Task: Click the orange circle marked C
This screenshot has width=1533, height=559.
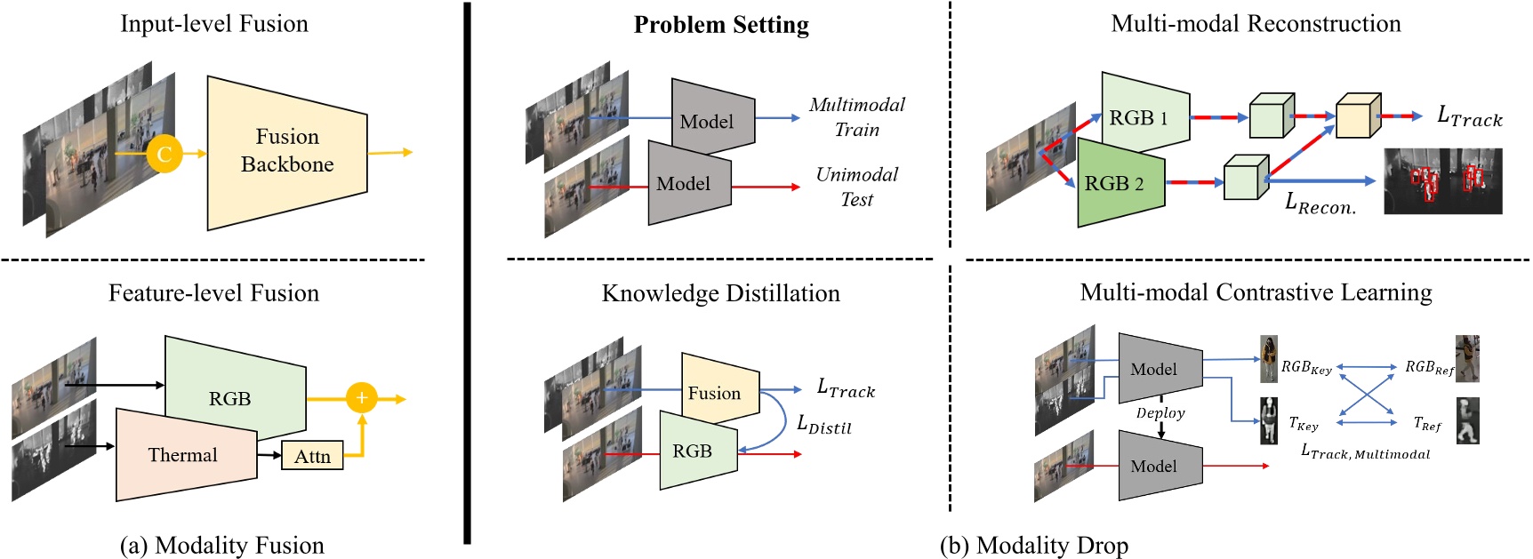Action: click(165, 153)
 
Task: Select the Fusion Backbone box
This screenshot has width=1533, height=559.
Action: click(286, 151)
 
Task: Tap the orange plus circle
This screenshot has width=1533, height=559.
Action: click(362, 397)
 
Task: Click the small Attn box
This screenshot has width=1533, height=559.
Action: click(312, 456)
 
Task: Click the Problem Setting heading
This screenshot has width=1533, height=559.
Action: click(721, 25)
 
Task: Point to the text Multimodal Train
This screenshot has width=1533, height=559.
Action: click(856, 117)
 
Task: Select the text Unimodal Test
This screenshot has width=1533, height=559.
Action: click(856, 187)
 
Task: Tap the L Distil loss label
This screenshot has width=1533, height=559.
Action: click(823, 425)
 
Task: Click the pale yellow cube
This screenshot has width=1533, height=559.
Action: click(1358, 116)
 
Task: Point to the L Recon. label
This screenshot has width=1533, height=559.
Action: click(1320, 204)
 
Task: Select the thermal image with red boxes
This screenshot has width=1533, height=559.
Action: click(1442, 181)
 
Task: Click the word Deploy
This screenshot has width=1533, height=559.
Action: click(1160, 413)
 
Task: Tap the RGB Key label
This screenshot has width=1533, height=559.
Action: click(1306, 367)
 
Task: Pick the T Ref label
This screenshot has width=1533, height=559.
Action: click(1427, 424)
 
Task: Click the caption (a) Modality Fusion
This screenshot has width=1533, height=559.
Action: click(221, 545)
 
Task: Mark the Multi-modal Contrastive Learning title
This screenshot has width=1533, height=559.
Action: click(1256, 292)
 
